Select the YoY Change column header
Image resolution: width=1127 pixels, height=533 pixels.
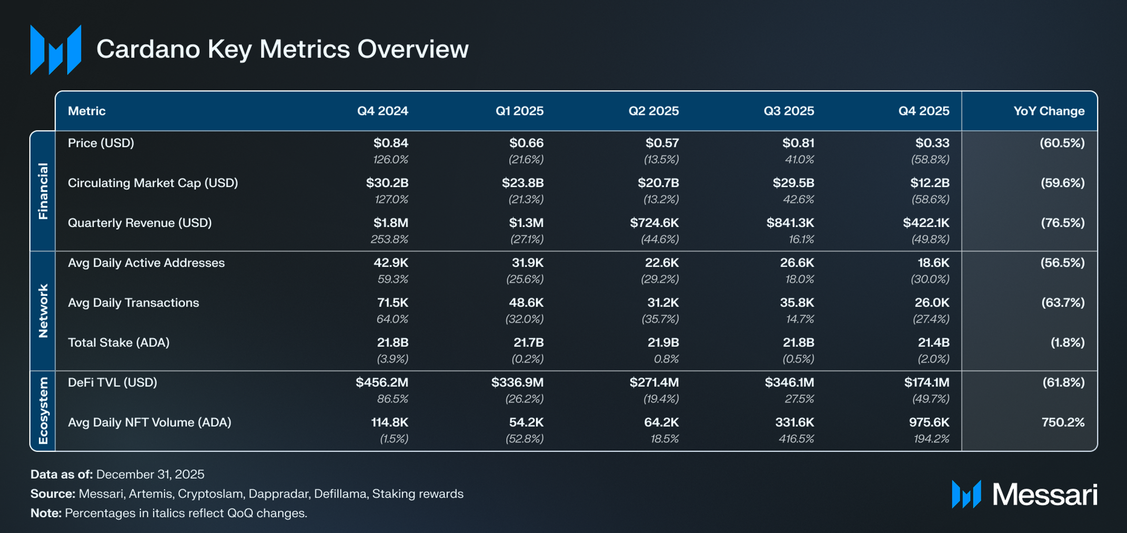pyautogui.click(x=1049, y=111)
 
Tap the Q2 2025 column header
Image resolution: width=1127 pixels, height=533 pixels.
pyautogui.click(x=653, y=111)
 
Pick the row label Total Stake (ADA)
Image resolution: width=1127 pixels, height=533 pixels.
pyautogui.click(x=118, y=343)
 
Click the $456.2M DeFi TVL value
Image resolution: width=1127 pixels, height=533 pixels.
pyautogui.click(x=381, y=382)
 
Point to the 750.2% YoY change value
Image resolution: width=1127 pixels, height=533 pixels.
pyautogui.click(x=1063, y=422)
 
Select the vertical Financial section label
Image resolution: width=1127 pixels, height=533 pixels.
pyautogui.click(x=43, y=191)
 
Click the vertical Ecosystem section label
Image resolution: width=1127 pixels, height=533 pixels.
pyautogui.click(x=43, y=411)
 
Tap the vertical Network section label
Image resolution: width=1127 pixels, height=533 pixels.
pyautogui.click(x=43, y=311)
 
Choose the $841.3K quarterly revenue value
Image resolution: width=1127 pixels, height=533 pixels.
pyautogui.click(x=790, y=223)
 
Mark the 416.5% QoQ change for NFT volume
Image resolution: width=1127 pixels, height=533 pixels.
pyautogui.click(x=796, y=439)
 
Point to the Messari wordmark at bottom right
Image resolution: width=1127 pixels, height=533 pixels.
pyautogui.click(x=1044, y=495)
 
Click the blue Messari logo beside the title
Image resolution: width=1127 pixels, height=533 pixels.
pyautogui.click(x=56, y=50)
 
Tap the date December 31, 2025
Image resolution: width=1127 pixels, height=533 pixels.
pyautogui.click(x=150, y=475)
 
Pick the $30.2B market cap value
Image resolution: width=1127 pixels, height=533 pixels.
pyautogui.click(x=387, y=183)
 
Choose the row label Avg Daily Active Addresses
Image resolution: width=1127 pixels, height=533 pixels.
pyautogui.click(x=146, y=263)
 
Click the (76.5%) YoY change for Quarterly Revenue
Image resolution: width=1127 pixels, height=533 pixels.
pyautogui.click(x=1062, y=223)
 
